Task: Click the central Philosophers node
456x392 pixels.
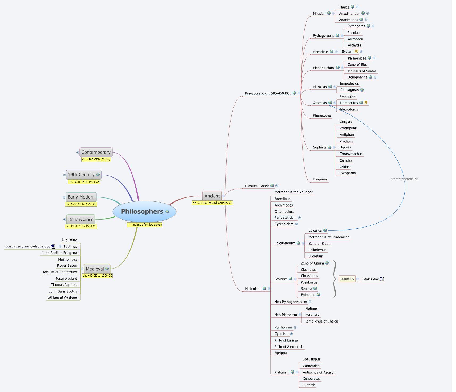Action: click(142, 212)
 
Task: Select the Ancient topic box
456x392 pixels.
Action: click(212, 196)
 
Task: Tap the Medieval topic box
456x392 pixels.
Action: click(95, 269)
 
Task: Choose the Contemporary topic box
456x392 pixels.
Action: click(96, 152)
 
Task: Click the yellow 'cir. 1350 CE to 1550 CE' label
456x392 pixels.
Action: click(81, 226)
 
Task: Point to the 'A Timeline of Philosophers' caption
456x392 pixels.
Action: click(145, 225)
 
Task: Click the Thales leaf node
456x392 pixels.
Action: click(344, 7)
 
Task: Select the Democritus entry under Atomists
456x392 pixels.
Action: click(349, 103)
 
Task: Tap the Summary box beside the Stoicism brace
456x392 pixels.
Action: click(347, 279)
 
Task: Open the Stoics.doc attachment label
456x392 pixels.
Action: click(371, 279)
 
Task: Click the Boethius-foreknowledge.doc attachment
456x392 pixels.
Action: click(28, 246)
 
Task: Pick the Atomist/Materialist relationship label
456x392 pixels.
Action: click(404, 179)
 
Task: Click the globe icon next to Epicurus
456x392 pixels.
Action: click(325, 230)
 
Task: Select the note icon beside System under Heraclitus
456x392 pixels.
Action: click(357, 52)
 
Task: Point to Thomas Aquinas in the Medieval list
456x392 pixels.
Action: click(64, 285)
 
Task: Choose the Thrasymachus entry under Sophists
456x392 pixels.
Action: click(351, 154)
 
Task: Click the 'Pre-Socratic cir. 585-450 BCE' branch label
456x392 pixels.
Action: click(268, 93)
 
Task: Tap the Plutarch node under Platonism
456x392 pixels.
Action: click(309, 385)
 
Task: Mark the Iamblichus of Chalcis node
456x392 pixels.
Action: click(322, 321)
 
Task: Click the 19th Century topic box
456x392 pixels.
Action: click(81, 175)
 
